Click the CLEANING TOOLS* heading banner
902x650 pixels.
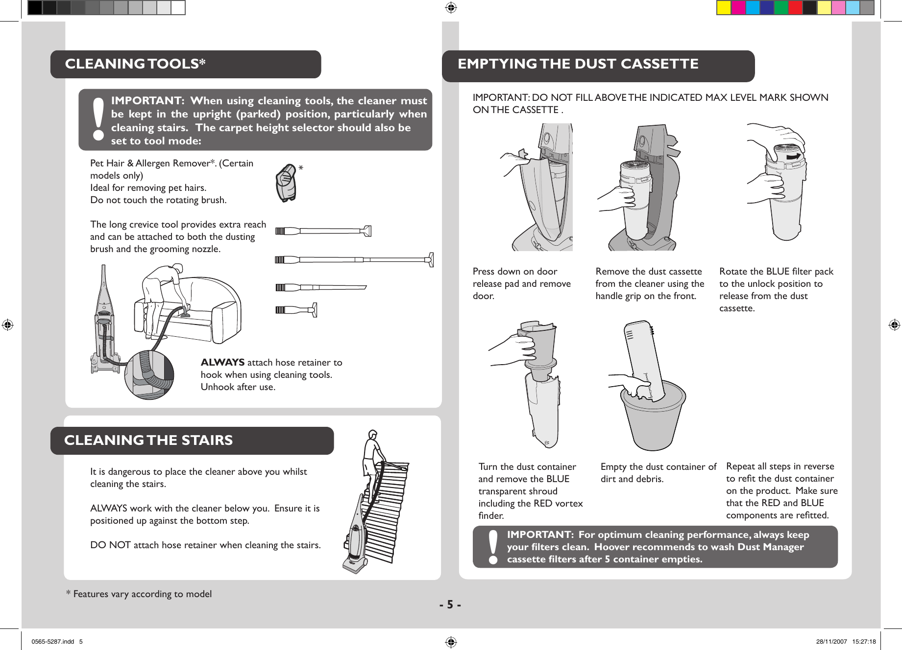(185, 64)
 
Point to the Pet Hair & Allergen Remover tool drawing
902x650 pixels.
(287, 184)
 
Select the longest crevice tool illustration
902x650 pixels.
(354, 259)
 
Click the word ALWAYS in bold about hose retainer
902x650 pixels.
(222, 362)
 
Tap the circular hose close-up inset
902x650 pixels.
(149, 374)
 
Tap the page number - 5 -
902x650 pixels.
(450, 605)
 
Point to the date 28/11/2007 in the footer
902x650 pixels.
(831, 642)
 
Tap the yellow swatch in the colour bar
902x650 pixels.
(724, 7)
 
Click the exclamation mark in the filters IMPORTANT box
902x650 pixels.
(493, 547)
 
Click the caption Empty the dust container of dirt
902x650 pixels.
(658, 473)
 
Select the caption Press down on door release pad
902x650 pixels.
(521, 283)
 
